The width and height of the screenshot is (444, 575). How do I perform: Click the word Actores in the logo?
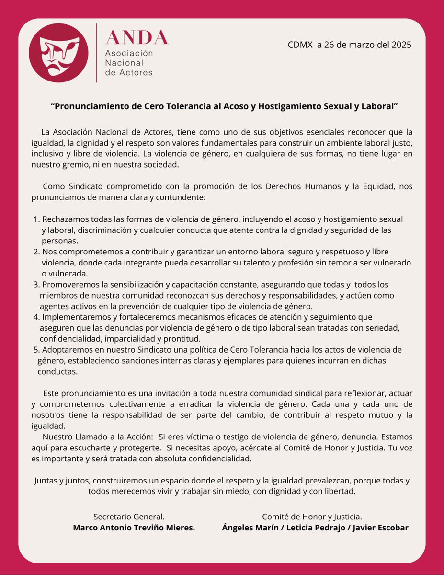coord(137,73)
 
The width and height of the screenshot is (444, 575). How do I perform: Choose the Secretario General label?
coord(129,517)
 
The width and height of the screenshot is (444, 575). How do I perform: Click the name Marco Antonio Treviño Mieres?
coord(134,528)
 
